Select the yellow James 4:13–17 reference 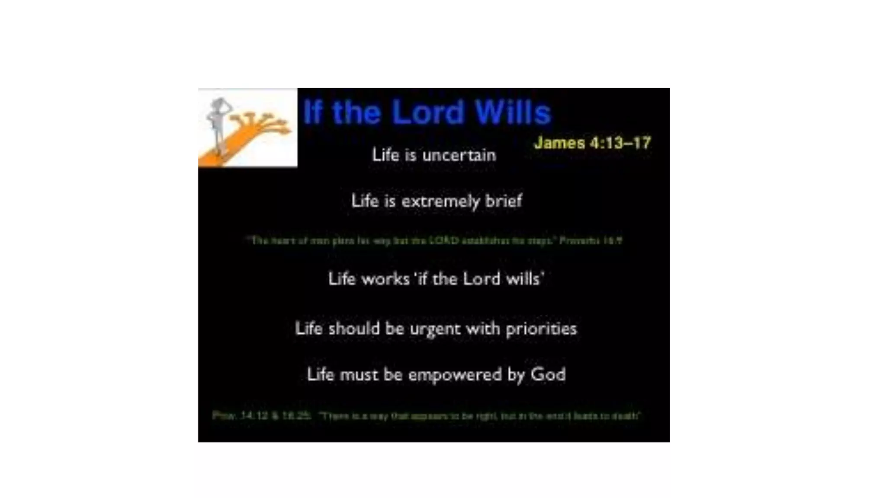pyautogui.click(x=592, y=143)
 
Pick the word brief pyautogui.click(x=504, y=201)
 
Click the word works pyautogui.click(x=385, y=279)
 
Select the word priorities pyautogui.click(x=541, y=329)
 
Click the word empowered pyautogui.click(x=455, y=375)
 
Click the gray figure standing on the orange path pyautogui.click(x=218, y=123)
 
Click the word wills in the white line pyautogui.click(x=524, y=279)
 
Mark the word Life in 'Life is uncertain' pyautogui.click(x=385, y=155)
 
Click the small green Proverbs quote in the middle pyautogui.click(x=434, y=240)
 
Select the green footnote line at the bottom pyautogui.click(x=427, y=416)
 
